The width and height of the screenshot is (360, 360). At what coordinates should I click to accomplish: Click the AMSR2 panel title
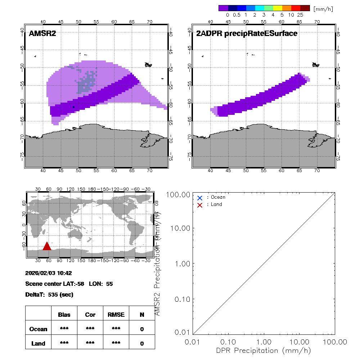42,34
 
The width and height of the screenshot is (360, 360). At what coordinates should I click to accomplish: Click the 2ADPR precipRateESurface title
247,34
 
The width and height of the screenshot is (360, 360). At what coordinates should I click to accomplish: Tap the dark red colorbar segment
305,8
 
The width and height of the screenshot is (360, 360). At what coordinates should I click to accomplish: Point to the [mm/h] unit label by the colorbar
323,9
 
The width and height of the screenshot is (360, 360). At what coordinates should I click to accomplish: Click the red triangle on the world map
47,246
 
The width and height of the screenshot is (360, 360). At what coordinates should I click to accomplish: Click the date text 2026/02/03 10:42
49,273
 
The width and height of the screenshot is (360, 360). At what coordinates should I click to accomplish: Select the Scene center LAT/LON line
69,284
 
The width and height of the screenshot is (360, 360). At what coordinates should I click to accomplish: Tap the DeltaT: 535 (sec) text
49,294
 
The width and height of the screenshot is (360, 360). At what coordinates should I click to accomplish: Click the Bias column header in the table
64,315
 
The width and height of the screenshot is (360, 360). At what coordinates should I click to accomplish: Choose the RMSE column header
116,315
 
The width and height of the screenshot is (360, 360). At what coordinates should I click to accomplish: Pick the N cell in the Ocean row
142,329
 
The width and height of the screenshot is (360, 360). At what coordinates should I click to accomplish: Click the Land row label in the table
38,343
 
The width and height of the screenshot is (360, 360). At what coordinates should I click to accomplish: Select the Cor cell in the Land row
90,343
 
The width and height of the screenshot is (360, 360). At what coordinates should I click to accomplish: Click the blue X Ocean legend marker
200,198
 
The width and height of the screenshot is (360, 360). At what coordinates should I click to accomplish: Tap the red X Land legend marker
200,205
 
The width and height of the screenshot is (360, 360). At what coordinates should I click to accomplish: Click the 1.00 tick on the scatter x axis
264,341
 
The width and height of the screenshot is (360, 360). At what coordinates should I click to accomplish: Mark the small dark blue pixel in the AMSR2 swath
73,107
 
